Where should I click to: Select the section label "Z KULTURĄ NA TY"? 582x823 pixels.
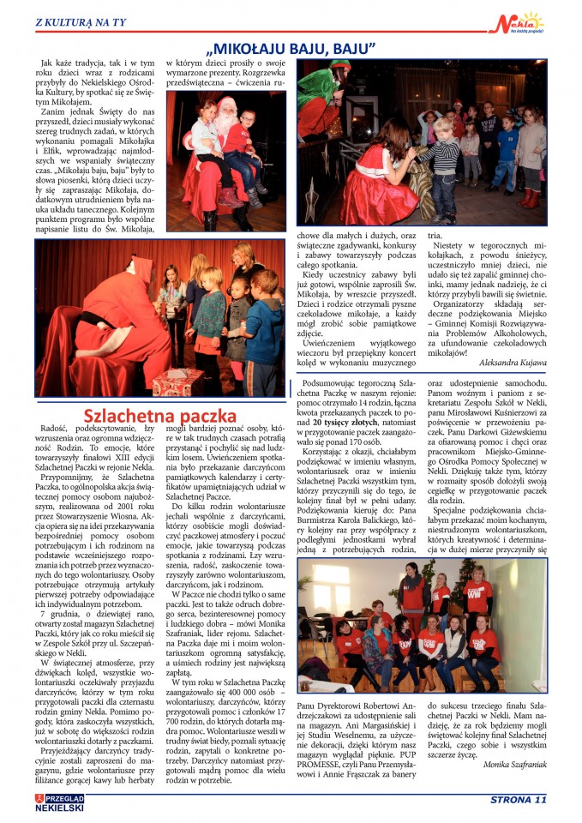75,21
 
